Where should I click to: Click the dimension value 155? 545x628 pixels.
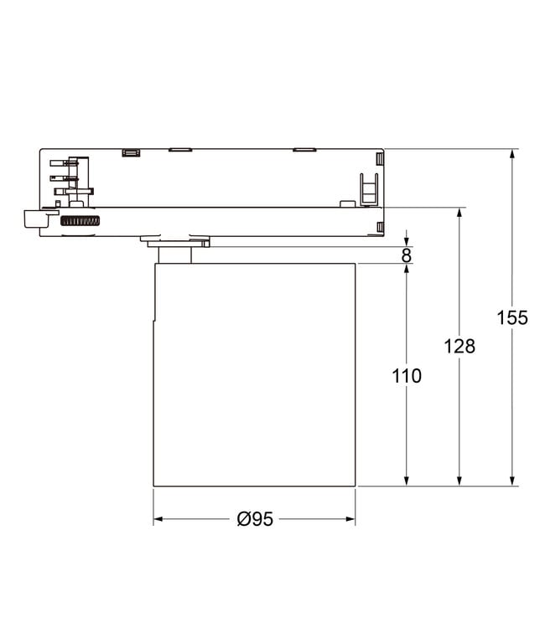[511, 318]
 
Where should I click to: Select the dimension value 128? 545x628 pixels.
[459, 346]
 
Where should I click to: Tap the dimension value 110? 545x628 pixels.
[407, 376]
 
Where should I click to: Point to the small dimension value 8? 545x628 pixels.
[407, 255]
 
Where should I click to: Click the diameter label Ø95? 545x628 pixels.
[255, 519]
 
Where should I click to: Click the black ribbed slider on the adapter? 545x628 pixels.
[80, 220]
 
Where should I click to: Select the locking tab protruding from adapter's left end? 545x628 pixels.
[33, 219]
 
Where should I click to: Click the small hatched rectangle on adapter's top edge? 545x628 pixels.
[129, 152]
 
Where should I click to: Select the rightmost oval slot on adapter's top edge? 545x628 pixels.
[304, 150]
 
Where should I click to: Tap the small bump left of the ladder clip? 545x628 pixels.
[345, 202]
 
